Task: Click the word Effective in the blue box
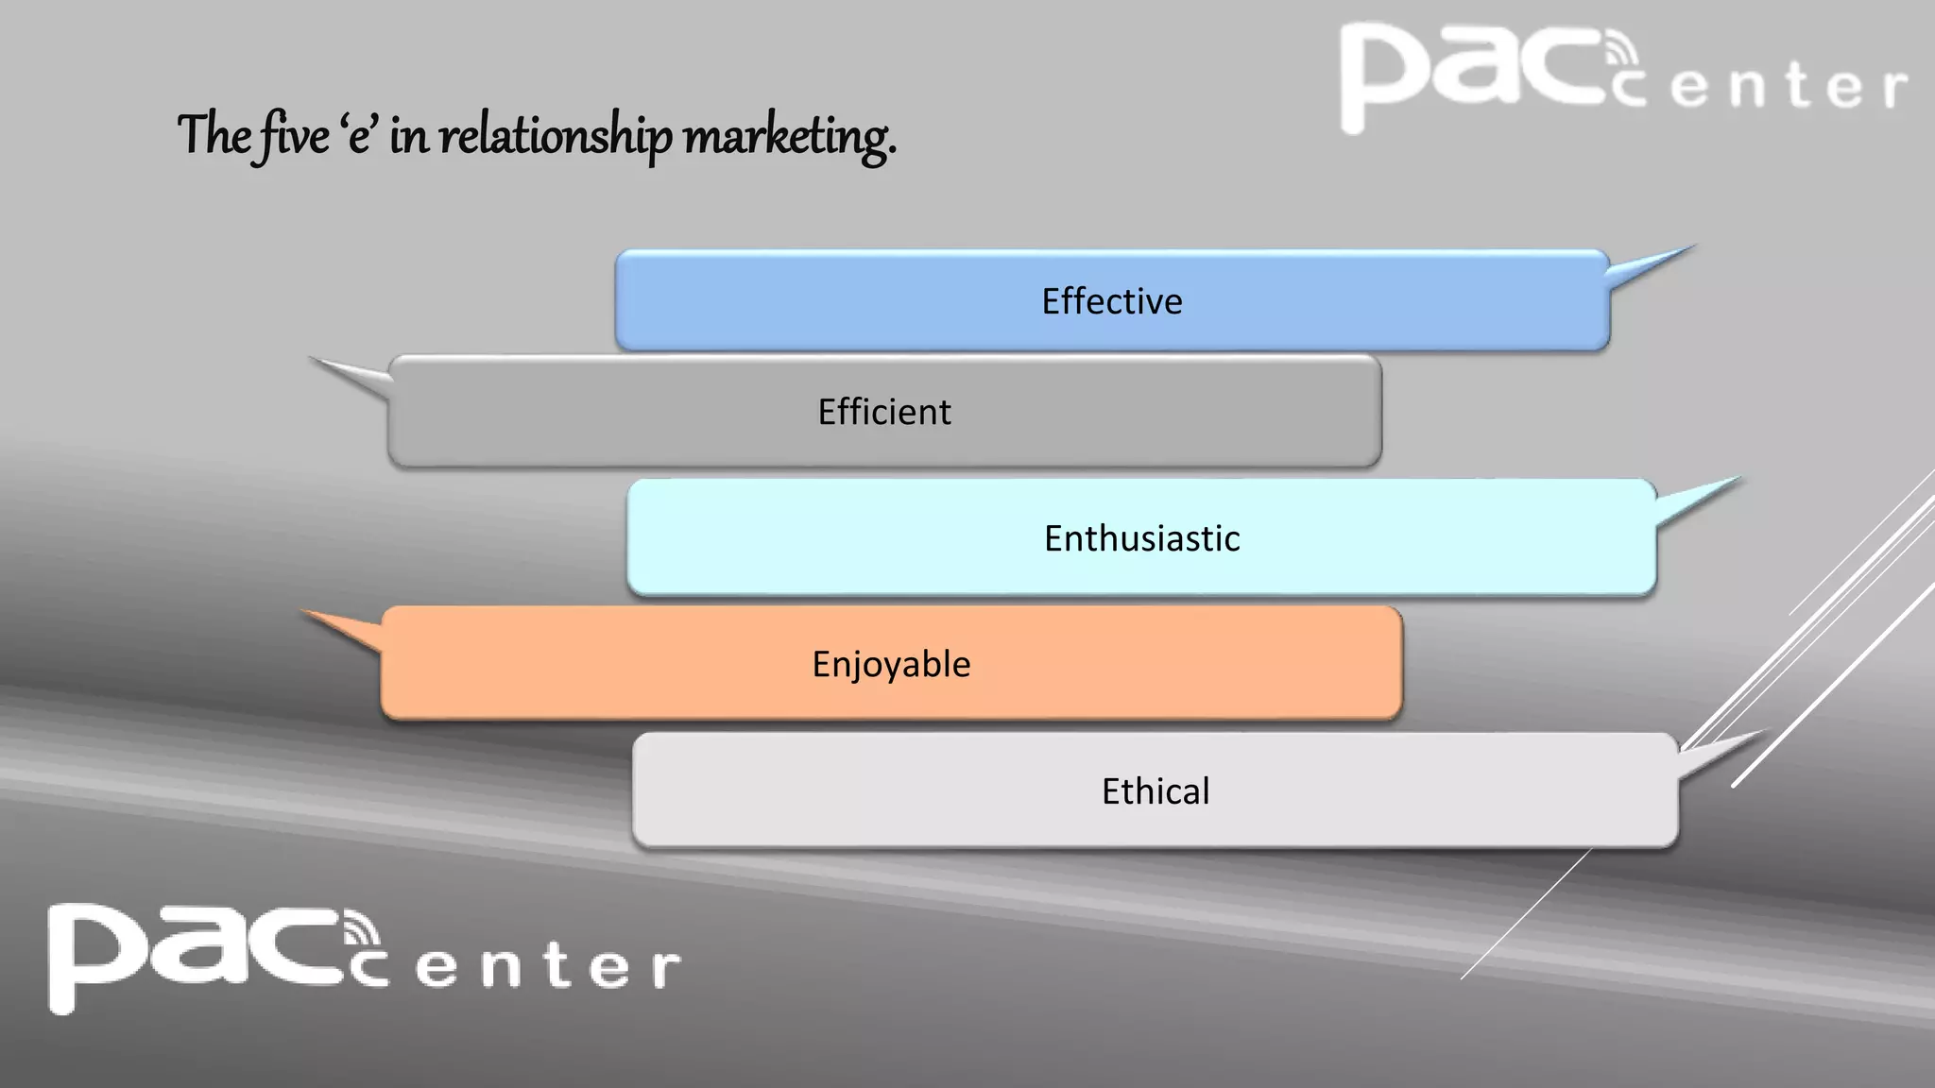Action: coord(1111,301)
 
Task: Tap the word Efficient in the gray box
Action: coord(884,412)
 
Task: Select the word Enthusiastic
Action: coord(1141,538)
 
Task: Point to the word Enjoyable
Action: coord(891,664)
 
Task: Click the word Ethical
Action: coord(1155,791)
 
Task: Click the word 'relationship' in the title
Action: coord(556,135)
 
